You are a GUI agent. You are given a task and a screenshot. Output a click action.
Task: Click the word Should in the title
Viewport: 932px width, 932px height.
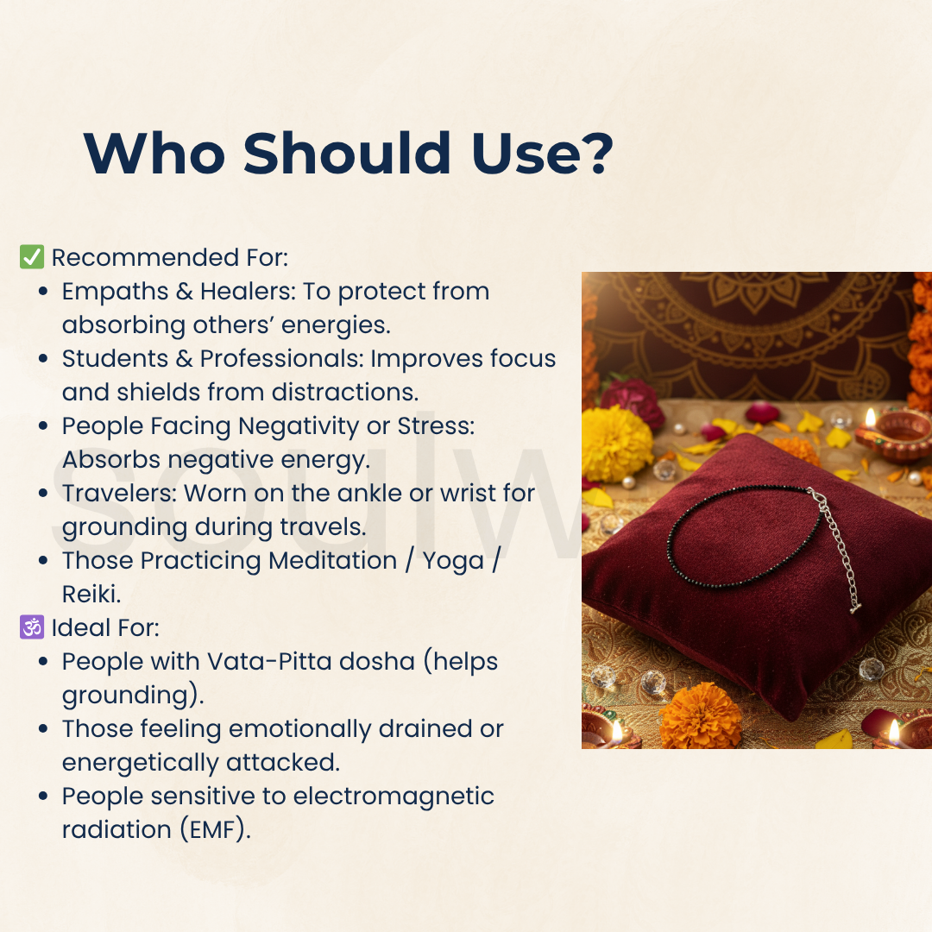(347, 153)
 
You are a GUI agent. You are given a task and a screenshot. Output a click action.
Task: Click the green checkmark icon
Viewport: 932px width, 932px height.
(32, 257)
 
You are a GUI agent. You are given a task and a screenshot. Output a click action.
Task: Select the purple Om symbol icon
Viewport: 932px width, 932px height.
(32, 627)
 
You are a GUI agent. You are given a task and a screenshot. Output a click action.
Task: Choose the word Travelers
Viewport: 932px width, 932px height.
(119, 494)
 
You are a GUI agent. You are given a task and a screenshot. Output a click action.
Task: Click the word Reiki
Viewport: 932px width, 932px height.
(91, 594)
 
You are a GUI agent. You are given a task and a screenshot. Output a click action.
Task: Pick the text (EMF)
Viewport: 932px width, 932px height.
(215, 830)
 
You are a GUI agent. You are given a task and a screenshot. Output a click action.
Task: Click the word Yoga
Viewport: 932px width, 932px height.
(453, 562)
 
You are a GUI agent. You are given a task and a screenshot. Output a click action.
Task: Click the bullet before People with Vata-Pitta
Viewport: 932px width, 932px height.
(43, 662)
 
